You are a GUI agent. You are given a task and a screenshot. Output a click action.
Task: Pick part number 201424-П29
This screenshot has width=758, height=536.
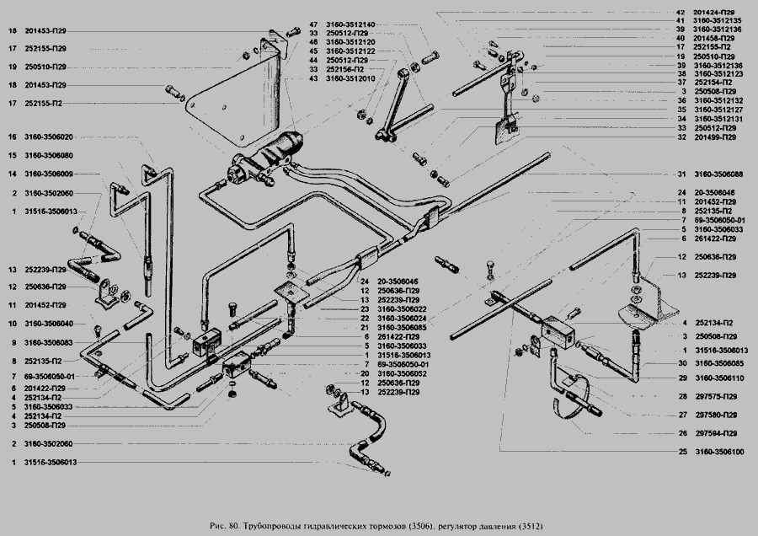tap(718, 13)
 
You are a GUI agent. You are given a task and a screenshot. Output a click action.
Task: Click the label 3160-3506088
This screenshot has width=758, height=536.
tap(718, 174)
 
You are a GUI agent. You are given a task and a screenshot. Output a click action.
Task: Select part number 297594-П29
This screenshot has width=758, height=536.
tap(718, 433)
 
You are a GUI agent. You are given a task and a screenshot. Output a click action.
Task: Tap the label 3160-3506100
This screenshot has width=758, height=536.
tap(718, 453)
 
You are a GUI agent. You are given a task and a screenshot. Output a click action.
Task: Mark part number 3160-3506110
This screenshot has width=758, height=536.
tap(718, 378)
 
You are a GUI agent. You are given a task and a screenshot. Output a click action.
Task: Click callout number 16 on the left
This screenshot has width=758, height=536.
tap(13, 137)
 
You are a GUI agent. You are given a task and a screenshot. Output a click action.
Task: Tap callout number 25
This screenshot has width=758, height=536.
tap(681, 453)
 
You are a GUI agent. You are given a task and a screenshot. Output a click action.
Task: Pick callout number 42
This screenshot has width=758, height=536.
tap(681, 13)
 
